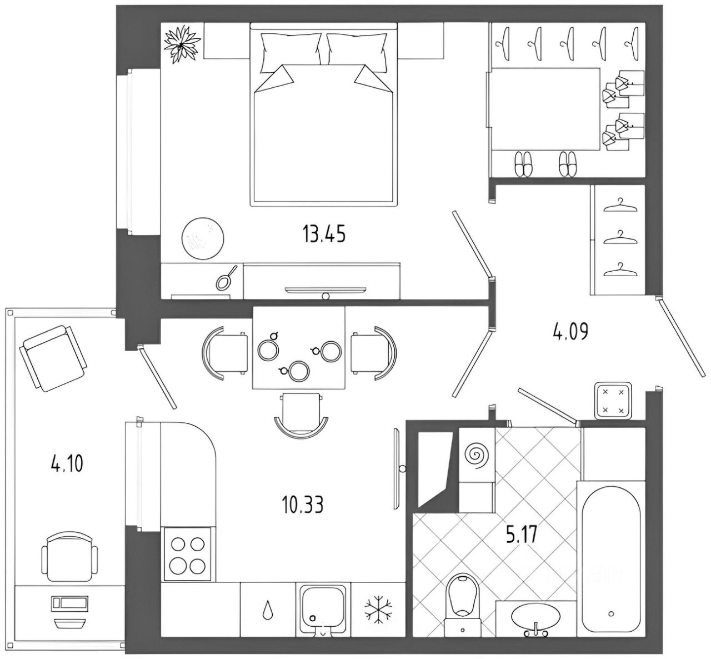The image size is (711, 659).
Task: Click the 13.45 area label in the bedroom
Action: point(324,234)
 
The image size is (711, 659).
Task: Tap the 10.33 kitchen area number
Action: point(303,505)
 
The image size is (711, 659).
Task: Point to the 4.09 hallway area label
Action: point(570,332)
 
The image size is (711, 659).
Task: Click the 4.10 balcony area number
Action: point(67,463)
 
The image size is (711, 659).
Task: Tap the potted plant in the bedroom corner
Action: point(182,44)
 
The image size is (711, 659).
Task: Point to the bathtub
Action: point(611,562)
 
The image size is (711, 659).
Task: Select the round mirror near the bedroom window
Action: point(203,238)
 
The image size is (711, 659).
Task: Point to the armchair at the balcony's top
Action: point(53,358)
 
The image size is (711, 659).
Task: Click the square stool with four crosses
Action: point(613,400)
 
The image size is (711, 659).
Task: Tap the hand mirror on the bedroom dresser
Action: point(226,278)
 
